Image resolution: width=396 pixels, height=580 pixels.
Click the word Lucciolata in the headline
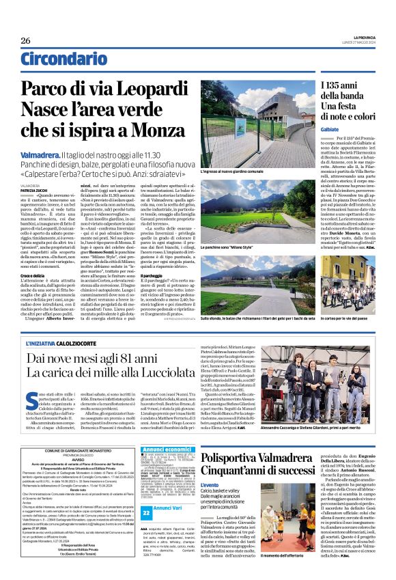(175, 373)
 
